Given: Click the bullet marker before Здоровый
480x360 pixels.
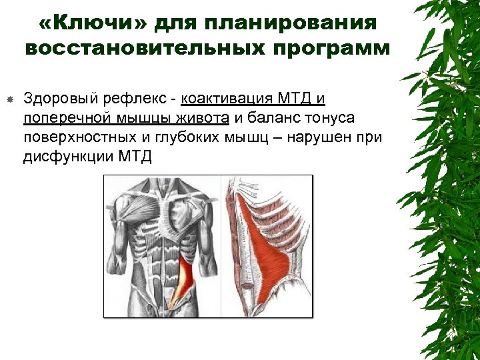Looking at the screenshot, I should tap(10, 100).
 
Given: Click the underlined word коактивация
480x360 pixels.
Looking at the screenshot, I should tap(223, 99).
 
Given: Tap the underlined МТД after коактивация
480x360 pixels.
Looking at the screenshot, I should tap(291, 99).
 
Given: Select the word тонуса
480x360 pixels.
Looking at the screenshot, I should tap(331, 119).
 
